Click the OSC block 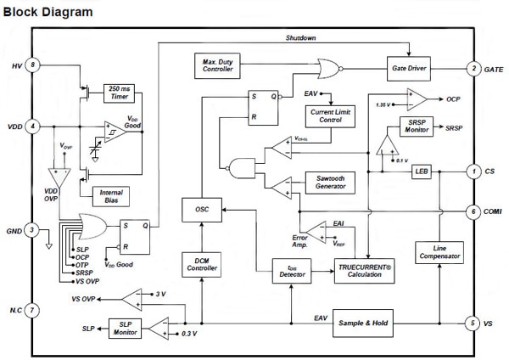(202, 208)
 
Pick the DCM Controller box (202, 265)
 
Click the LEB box (422, 172)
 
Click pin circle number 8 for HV (32, 65)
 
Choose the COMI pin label (492, 211)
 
